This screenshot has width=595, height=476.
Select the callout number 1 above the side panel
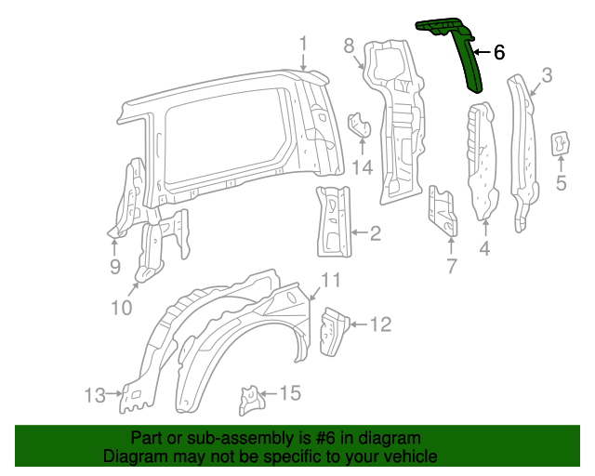click(303, 43)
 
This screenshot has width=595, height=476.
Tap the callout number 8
click(349, 46)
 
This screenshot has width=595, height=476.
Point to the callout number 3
click(548, 75)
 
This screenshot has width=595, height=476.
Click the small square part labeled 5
click(562, 142)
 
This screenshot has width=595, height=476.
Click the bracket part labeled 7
click(443, 212)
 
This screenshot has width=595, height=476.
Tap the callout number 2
click(374, 233)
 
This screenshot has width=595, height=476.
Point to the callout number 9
click(114, 268)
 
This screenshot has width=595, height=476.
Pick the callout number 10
click(122, 306)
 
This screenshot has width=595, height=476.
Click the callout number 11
click(331, 282)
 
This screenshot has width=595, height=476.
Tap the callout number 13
click(95, 395)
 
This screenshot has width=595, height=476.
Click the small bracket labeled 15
click(249, 399)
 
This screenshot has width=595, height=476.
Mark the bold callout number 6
click(499, 53)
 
